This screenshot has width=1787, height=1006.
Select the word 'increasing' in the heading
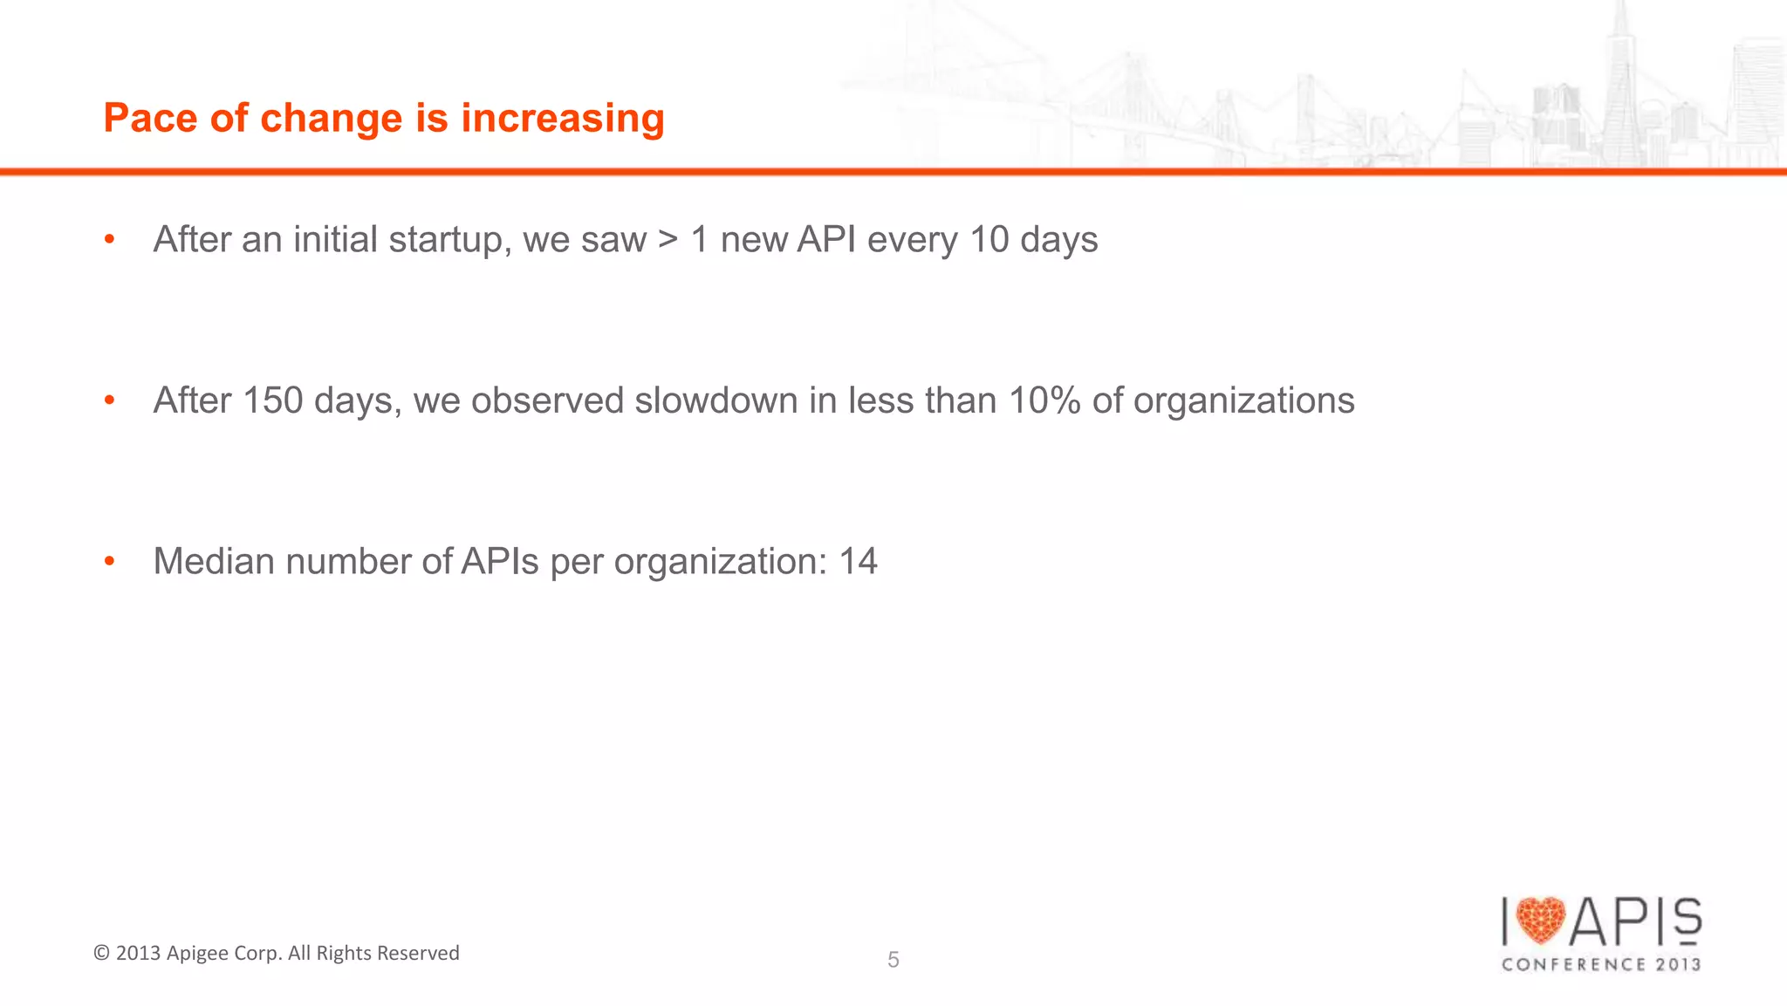click(563, 119)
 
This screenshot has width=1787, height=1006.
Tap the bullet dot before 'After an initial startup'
click(109, 239)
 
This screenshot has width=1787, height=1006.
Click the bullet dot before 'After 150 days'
click(109, 400)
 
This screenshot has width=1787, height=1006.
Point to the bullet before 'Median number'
click(109, 561)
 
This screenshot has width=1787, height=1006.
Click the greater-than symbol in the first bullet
click(668, 240)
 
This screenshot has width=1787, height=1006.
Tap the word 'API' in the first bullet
click(826, 240)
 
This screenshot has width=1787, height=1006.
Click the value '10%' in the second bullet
click(1044, 400)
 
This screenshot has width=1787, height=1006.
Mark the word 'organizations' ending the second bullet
click(1243, 400)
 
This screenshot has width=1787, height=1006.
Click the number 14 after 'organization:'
click(858, 561)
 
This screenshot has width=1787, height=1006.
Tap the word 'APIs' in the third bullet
click(500, 561)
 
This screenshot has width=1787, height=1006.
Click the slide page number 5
click(893, 960)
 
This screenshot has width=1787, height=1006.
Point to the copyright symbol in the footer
click(101, 953)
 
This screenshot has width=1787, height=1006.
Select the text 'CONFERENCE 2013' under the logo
click(1601, 964)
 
